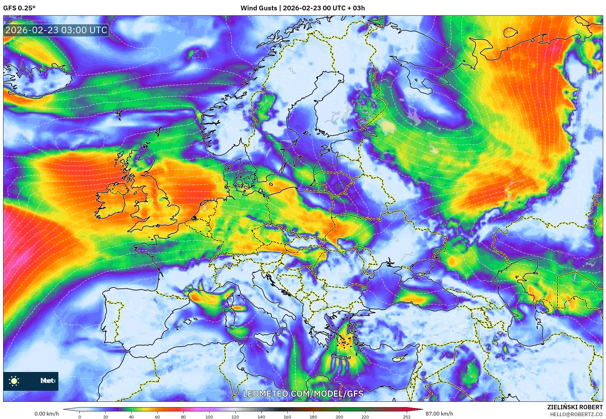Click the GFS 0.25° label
point(19,8)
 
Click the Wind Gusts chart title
point(302,8)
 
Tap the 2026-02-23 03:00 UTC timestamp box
point(56,30)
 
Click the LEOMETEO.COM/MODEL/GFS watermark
point(303,394)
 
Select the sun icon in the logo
point(14,381)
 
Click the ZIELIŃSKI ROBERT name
point(575,407)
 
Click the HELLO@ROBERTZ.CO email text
point(576,414)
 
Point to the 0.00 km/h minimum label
point(46,414)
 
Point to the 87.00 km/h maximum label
point(439,414)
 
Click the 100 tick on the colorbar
point(209,416)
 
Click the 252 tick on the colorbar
point(407,416)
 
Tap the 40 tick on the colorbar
point(131,416)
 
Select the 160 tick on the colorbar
point(287,416)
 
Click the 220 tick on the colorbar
point(365,416)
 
